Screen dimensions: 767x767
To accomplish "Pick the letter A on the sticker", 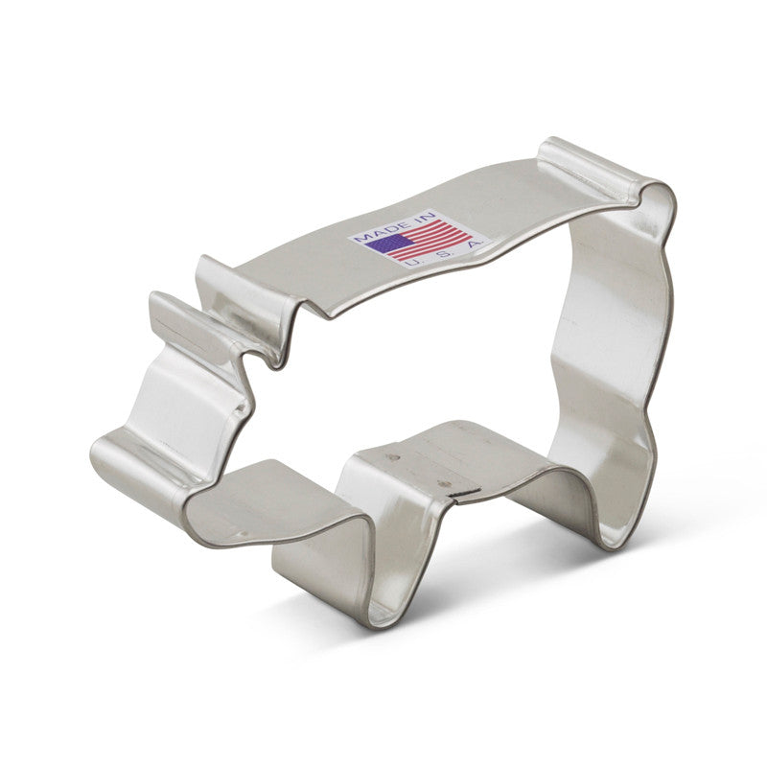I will pos(472,245).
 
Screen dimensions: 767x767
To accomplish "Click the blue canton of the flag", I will pos(387,243).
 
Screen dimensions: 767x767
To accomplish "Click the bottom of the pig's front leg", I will pos(383,604).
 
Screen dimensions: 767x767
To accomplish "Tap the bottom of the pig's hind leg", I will pos(614,537).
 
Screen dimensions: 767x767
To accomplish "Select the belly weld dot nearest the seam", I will pos(442,484).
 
